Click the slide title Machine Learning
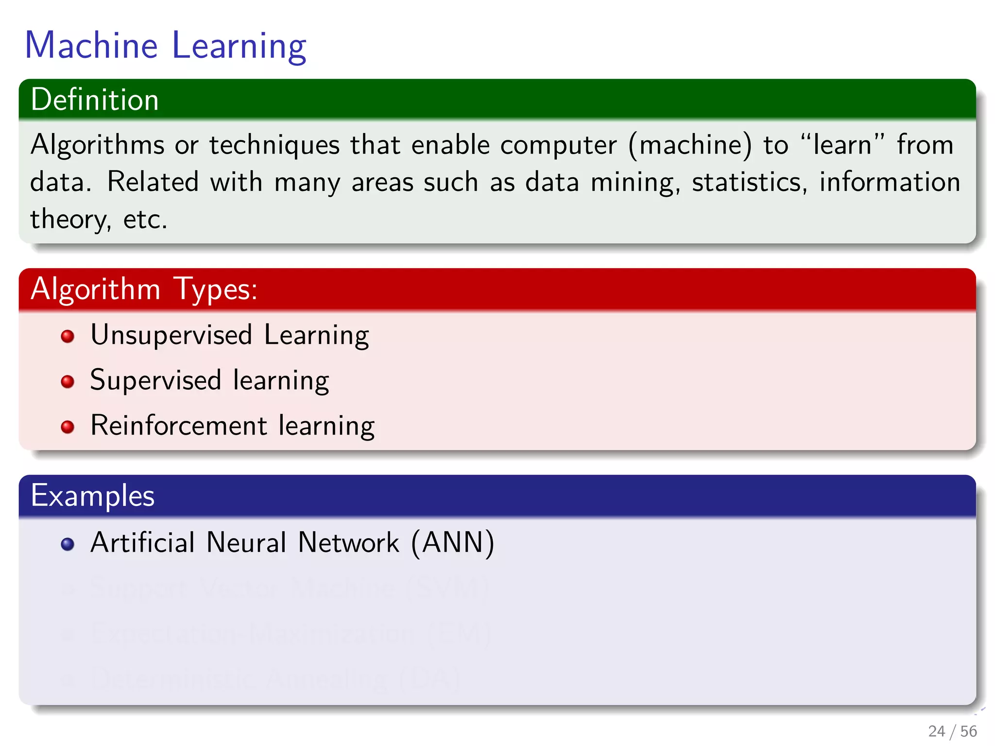click(165, 46)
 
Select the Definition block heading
click(95, 100)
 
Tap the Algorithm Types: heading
click(144, 289)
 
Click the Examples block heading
click(92, 496)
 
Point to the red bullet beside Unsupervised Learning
click(68, 336)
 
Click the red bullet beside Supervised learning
click(68, 381)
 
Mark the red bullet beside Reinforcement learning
click(68, 427)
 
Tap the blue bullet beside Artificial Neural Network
click(68, 544)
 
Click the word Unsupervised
click(172, 335)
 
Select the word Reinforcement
click(179, 425)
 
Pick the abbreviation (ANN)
click(452, 543)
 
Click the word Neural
click(246, 543)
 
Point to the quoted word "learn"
click(842, 145)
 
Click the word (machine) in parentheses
click(690, 145)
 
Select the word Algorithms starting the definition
click(97, 145)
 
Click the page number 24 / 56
click(952, 731)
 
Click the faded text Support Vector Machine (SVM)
click(290, 588)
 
